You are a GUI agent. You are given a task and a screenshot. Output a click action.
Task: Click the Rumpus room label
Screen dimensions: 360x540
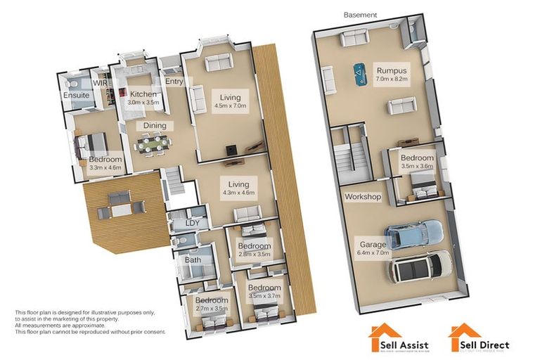[392, 71]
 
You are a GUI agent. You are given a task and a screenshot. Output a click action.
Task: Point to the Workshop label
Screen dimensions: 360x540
[362, 197]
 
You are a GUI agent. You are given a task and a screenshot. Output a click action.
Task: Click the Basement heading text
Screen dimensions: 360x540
[360, 15]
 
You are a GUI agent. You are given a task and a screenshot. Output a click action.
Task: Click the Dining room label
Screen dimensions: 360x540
[155, 126]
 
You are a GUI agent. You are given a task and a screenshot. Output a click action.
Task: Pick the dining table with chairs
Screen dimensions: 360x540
[154, 143]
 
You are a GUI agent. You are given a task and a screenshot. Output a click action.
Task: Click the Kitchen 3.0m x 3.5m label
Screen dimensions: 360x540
[143, 98]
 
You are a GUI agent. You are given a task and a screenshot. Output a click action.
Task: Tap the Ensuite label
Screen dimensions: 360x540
[76, 95]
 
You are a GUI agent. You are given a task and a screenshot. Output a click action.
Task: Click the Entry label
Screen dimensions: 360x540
[174, 82]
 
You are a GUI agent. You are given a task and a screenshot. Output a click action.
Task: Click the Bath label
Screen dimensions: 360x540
[192, 260]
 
